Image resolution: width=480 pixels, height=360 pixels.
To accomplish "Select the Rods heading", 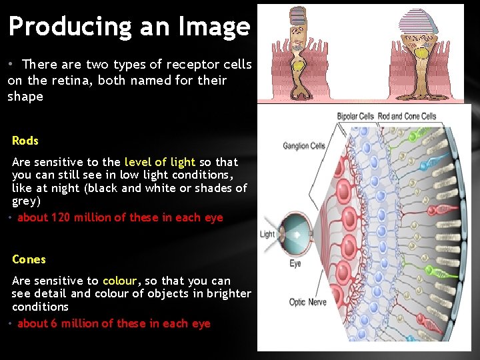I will (25, 141).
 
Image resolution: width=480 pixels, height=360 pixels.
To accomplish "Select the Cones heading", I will (29, 259).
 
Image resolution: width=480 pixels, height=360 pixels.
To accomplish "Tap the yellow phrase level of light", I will (159, 162).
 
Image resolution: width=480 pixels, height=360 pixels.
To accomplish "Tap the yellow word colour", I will (119, 281).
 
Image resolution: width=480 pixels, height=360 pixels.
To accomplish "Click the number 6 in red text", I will (54, 323).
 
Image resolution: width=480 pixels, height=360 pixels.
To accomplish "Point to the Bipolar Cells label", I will (355, 116).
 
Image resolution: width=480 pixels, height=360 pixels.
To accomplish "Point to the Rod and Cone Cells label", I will (407, 116).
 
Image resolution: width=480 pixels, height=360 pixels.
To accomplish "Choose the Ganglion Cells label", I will (303, 146).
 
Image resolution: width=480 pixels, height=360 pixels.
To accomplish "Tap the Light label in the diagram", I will (267, 234).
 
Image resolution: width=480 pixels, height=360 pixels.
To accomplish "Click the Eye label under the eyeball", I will (295, 263).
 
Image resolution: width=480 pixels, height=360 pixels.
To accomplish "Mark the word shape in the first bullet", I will (25, 97).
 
